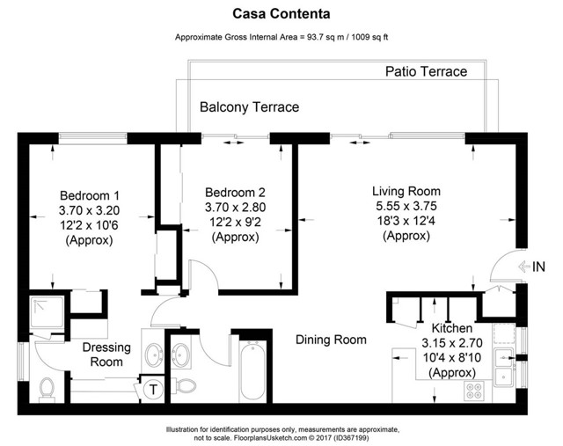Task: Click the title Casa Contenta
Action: coord(281,13)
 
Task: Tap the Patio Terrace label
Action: coord(426,71)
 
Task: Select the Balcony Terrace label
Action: coord(249,107)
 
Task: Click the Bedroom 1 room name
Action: coord(89,195)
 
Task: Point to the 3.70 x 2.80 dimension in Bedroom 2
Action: coord(235,207)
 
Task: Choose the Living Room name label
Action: coord(406,191)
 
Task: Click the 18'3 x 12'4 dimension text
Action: coord(406,222)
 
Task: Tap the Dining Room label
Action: coord(332,340)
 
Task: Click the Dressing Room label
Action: coord(106,355)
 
